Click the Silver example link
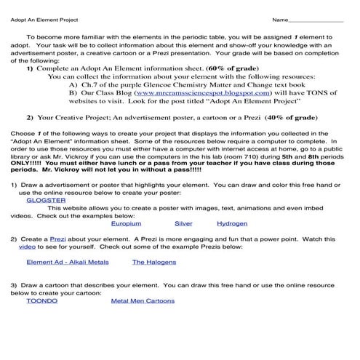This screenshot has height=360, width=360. (x=183, y=223)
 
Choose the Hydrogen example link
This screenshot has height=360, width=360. (x=232, y=223)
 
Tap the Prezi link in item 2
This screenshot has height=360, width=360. (x=57, y=239)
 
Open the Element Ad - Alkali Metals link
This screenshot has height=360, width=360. (x=67, y=262)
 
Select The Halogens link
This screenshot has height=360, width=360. (x=153, y=262)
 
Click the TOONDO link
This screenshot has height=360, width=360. (x=41, y=300)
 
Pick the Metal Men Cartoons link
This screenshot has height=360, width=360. (x=143, y=300)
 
